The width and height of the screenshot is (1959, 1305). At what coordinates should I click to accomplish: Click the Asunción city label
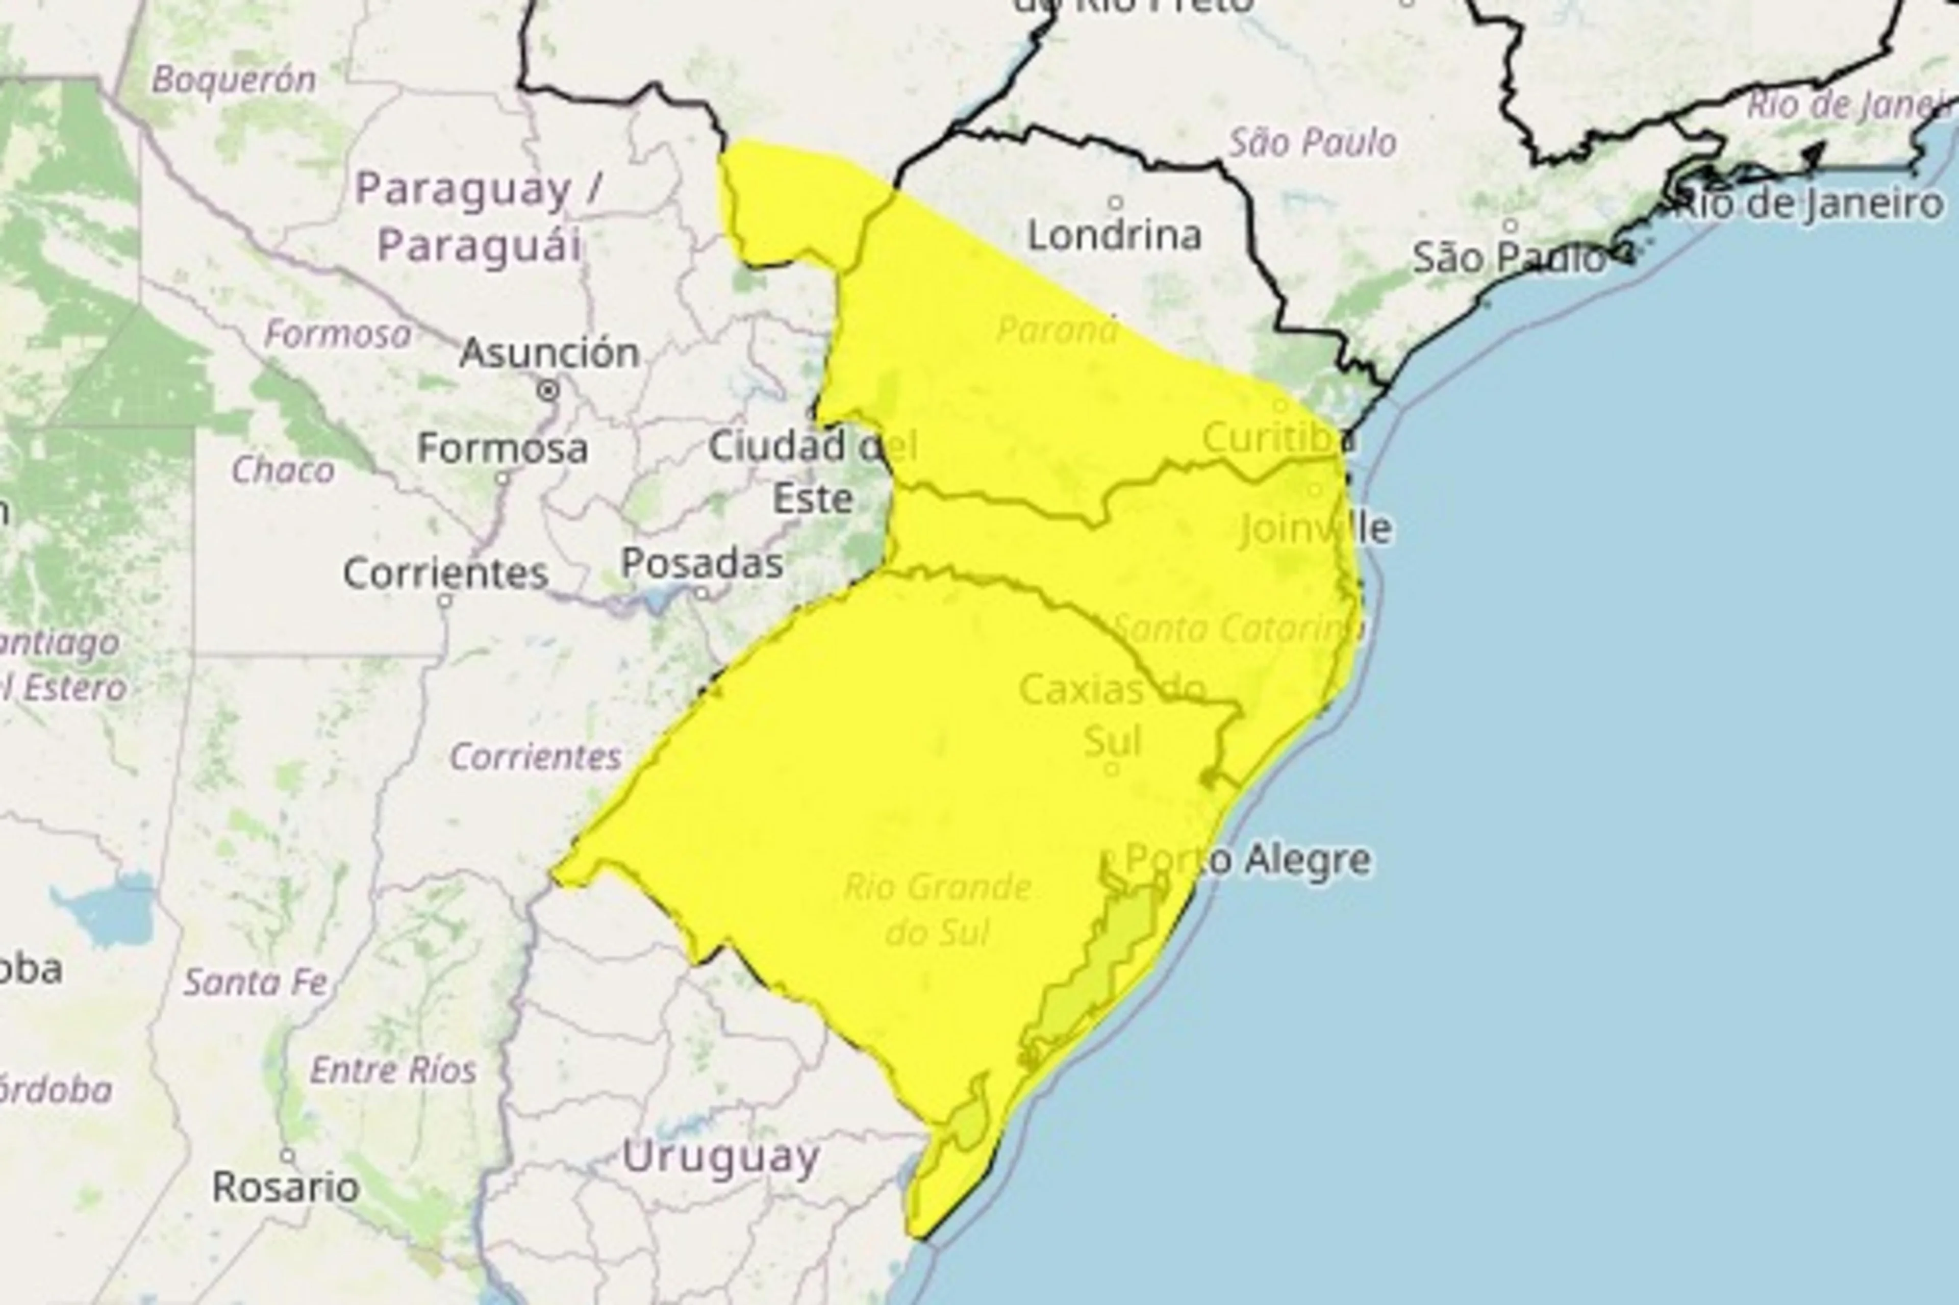(x=549, y=353)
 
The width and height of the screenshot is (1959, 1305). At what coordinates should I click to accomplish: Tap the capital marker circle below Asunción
(x=548, y=389)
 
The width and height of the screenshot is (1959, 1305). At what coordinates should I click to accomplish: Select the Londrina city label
(x=1114, y=236)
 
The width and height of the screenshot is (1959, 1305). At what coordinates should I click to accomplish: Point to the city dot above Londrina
(x=1115, y=202)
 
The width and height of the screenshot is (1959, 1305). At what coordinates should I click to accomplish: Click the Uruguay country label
(x=721, y=1158)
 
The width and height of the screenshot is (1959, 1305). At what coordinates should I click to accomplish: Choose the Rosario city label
(x=286, y=1187)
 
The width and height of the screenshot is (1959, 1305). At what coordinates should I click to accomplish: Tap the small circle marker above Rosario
(x=287, y=1155)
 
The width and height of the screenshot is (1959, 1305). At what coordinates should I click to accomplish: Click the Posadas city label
(x=701, y=563)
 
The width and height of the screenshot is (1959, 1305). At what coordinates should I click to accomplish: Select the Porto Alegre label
(x=1247, y=860)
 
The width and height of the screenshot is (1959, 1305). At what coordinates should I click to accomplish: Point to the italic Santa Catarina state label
(x=1236, y=629)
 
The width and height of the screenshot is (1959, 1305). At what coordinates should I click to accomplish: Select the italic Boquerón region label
(x=234, y=80)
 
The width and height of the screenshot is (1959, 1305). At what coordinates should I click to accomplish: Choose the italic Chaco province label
(x=283, y=470)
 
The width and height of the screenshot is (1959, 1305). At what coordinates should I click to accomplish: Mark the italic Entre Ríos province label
(x=393, y=1070)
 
